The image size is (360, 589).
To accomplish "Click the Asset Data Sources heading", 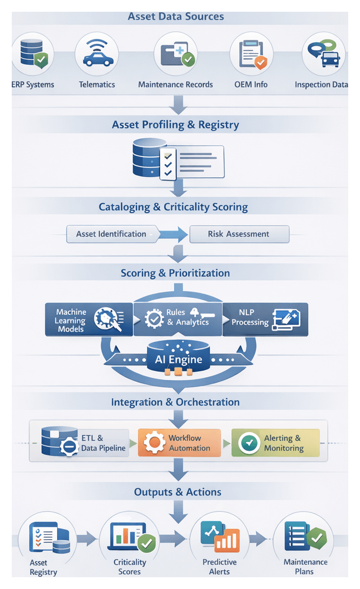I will pyautogui.click(x=176, y=16).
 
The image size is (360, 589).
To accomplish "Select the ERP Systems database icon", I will pyautogui.click(x=32, y=54).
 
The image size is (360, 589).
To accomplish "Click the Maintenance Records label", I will pyautogui.click(x=175, y=85).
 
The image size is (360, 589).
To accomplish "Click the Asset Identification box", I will pyautogui.click(x=111, y=234).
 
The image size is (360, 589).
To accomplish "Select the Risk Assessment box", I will pyautogui.click(x=239, y=234).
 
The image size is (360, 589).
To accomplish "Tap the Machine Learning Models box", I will pyautogui.click(x=89, y=320).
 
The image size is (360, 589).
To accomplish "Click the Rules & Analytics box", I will pyautogui.click(x=178, y=318).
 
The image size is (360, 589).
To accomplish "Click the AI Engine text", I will pyautogui.click(x=179, y=360).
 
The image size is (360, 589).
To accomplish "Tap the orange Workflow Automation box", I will pyautogui.click(x=179, y=443).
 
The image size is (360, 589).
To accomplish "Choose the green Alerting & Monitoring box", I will pyautogui.click(x=275, y=443).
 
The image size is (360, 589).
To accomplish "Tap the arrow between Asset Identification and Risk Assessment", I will pyautogui.click(x=174, y=234).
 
